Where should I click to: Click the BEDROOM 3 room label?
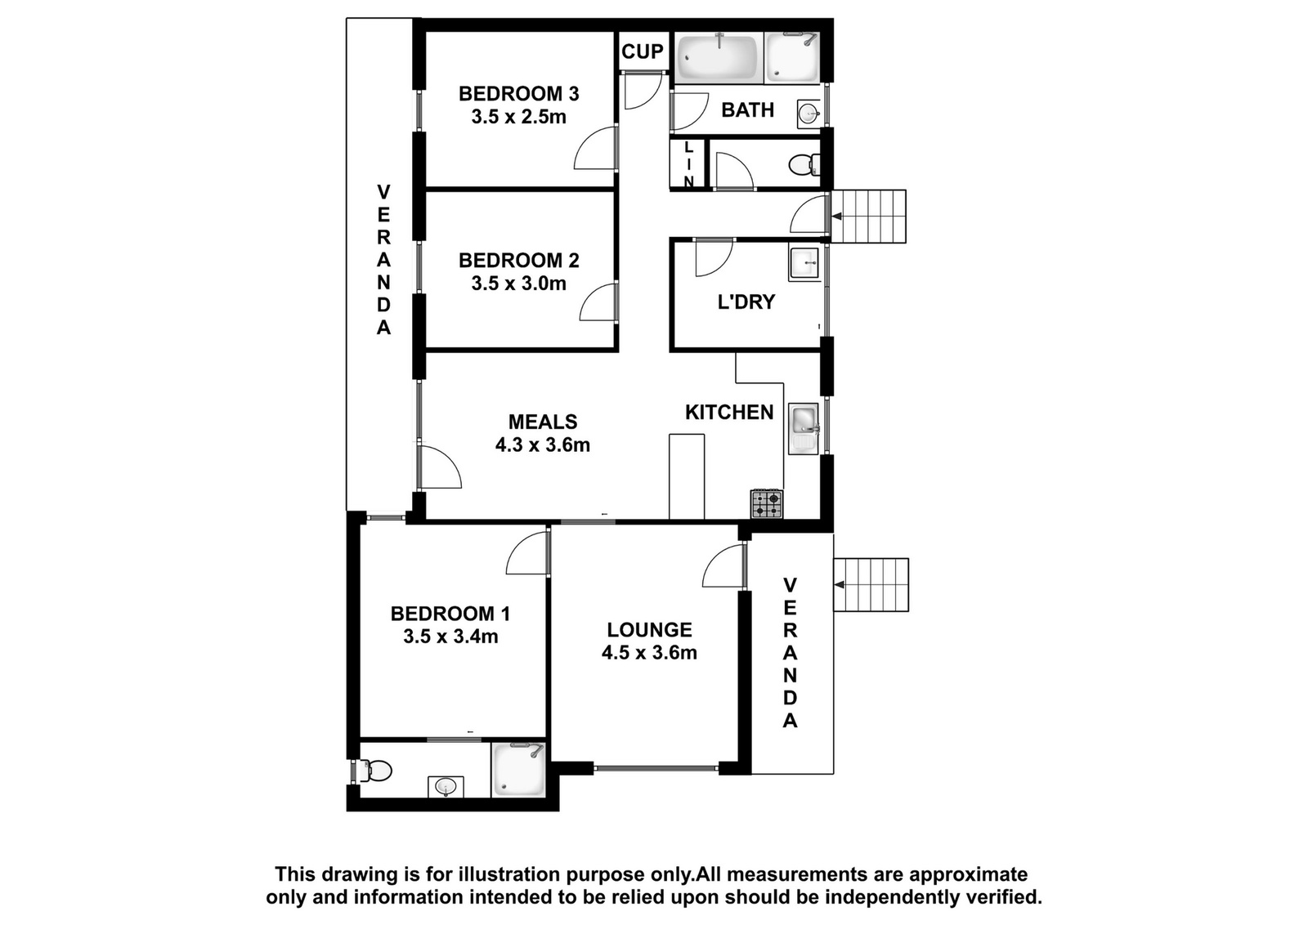click(x=518, y=93)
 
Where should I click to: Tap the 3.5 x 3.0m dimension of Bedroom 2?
click(x=518, y=284)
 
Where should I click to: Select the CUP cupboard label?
click(x=643, y=51)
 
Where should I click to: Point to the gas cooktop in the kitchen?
click(x=768, y=504)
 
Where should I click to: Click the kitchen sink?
click(x=804, y=428)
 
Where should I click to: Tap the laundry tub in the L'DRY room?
click(x=804, y=264)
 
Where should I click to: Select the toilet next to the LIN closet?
click(x=804, y=164)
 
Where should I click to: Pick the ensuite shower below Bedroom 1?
click(x=518, y=770)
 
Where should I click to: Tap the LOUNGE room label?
click(x=649, y=630)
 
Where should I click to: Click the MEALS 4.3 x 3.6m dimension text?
click(x=543, y=445)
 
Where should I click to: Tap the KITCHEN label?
click(x=729, y=412)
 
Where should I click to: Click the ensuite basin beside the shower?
click(x=446, y=786)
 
